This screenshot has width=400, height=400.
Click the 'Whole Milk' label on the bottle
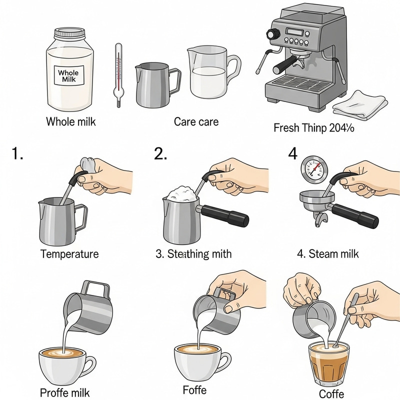[x=69, y=76]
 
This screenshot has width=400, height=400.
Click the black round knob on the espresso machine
[x=272, y=34]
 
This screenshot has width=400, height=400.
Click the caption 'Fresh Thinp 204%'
[x=313, y=128]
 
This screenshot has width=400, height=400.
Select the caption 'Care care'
[x=196, y=121]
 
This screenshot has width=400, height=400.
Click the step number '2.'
[x=161, y=154]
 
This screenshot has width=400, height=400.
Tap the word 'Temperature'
[x=69, y=254]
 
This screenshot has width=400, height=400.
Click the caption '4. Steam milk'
[x=328, y=254]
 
